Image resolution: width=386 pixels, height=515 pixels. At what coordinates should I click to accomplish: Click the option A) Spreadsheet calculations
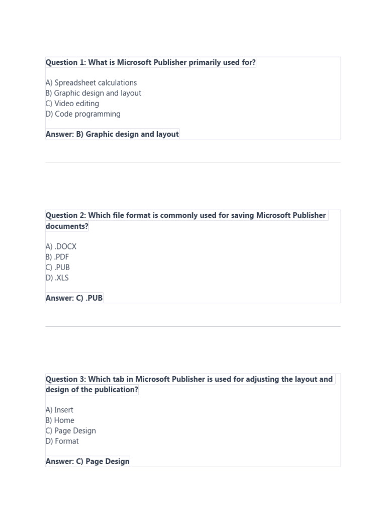[x=91, y=82]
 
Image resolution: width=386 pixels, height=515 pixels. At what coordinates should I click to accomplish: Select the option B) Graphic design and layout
[x=93, y=93]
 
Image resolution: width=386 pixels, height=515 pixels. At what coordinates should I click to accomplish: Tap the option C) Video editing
[x=72, y=104]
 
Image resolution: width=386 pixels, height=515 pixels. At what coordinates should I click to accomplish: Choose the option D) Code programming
[x=83, y=114]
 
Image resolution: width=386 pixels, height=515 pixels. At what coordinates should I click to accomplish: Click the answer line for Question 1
[x=112, y=134]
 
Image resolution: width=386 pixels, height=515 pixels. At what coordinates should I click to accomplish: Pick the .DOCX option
[x=61, y=247]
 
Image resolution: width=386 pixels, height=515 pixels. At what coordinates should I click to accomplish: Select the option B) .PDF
[x=57, y=257]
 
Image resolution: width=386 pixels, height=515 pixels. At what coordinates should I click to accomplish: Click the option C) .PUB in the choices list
[x=58, y=268]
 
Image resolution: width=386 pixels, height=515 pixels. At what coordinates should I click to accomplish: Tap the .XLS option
[x=57, y=278]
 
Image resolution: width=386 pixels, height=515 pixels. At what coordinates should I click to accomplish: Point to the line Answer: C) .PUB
[x=74, y=298]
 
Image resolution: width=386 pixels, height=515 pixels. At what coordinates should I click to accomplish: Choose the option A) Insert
[x=59, y=410]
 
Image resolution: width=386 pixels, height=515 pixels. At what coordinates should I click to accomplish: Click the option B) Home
[x=60, y=420]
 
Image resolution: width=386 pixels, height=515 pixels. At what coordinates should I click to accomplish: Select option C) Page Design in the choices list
[x=70, y=431]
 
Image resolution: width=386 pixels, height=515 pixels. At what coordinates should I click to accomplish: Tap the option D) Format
[x=62, y=442]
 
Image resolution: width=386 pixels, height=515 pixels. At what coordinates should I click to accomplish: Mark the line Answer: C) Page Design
[x=87, y=462]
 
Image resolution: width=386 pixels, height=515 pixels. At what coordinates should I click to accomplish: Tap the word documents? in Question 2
[x=67, y=226]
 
